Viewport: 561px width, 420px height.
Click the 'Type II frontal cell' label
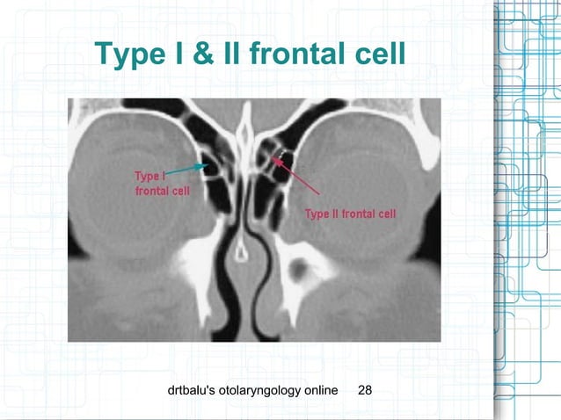coord(350,214)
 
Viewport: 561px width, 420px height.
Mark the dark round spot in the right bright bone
coord(302,264)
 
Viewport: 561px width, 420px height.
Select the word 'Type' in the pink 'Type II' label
coord(317,214)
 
